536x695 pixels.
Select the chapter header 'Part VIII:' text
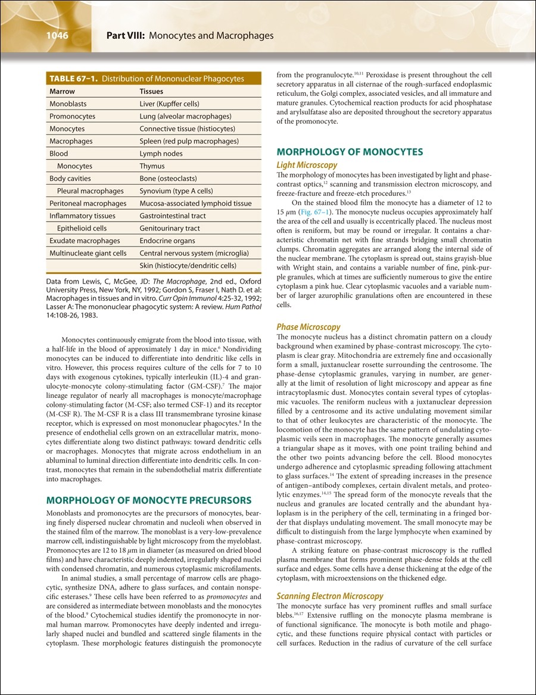pos(126,36)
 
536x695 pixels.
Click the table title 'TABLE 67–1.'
pos(73,79)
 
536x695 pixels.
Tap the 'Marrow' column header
pos(62,92)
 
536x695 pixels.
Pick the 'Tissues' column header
pos(151,92)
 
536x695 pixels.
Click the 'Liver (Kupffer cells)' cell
pos(169,104)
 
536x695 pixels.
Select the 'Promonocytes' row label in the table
pos(72,117)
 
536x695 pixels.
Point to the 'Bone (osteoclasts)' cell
pos(168,179)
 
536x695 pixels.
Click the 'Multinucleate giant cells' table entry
pos(88,253)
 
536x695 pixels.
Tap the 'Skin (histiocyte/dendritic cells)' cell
pos(188,266)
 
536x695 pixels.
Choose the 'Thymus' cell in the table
pos(152,166)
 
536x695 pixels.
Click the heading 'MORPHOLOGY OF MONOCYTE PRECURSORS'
pos(148,500)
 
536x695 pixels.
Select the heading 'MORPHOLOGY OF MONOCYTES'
pos(350,152)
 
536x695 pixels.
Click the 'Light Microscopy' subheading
pos(307,165)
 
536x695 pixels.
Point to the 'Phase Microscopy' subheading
pos(308,327)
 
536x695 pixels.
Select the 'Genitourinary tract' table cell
pos(170,228)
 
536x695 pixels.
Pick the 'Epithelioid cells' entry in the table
pos(82,228)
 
